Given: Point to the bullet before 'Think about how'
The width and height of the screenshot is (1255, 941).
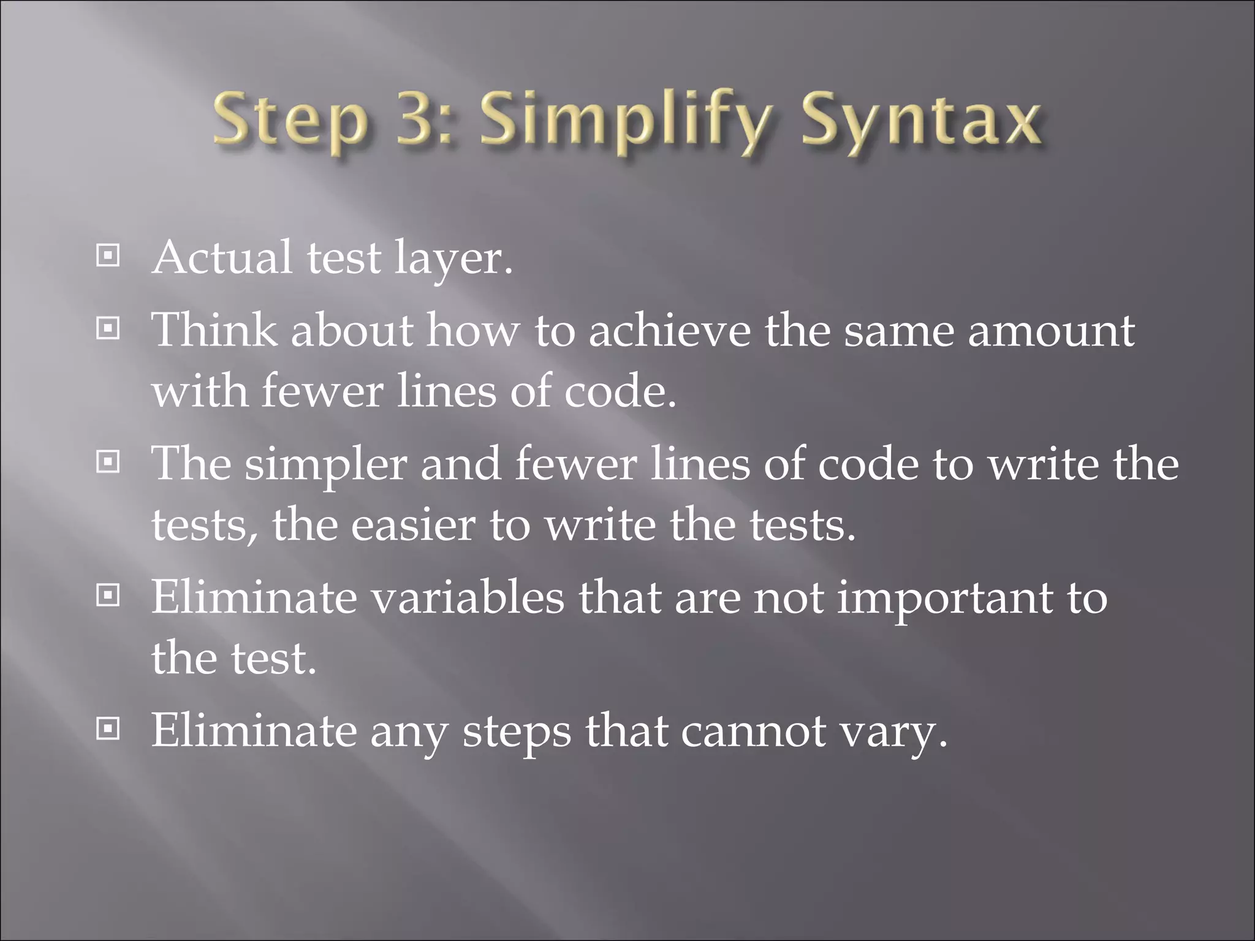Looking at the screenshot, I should pos(108,330).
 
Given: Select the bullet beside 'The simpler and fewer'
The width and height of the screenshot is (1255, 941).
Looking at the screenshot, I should pos(108,463).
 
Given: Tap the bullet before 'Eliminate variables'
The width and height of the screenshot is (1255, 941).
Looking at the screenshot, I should pos(108,595).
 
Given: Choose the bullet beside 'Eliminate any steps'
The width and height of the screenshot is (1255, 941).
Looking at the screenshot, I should pos(108,729).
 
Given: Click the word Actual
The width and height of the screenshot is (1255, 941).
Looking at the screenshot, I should pos(222,257).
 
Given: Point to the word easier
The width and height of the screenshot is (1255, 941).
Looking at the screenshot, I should pos(414,525).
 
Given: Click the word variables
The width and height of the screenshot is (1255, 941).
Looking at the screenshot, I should pos(468,597).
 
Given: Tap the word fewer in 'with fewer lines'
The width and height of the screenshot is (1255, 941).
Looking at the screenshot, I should pos(322,391).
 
